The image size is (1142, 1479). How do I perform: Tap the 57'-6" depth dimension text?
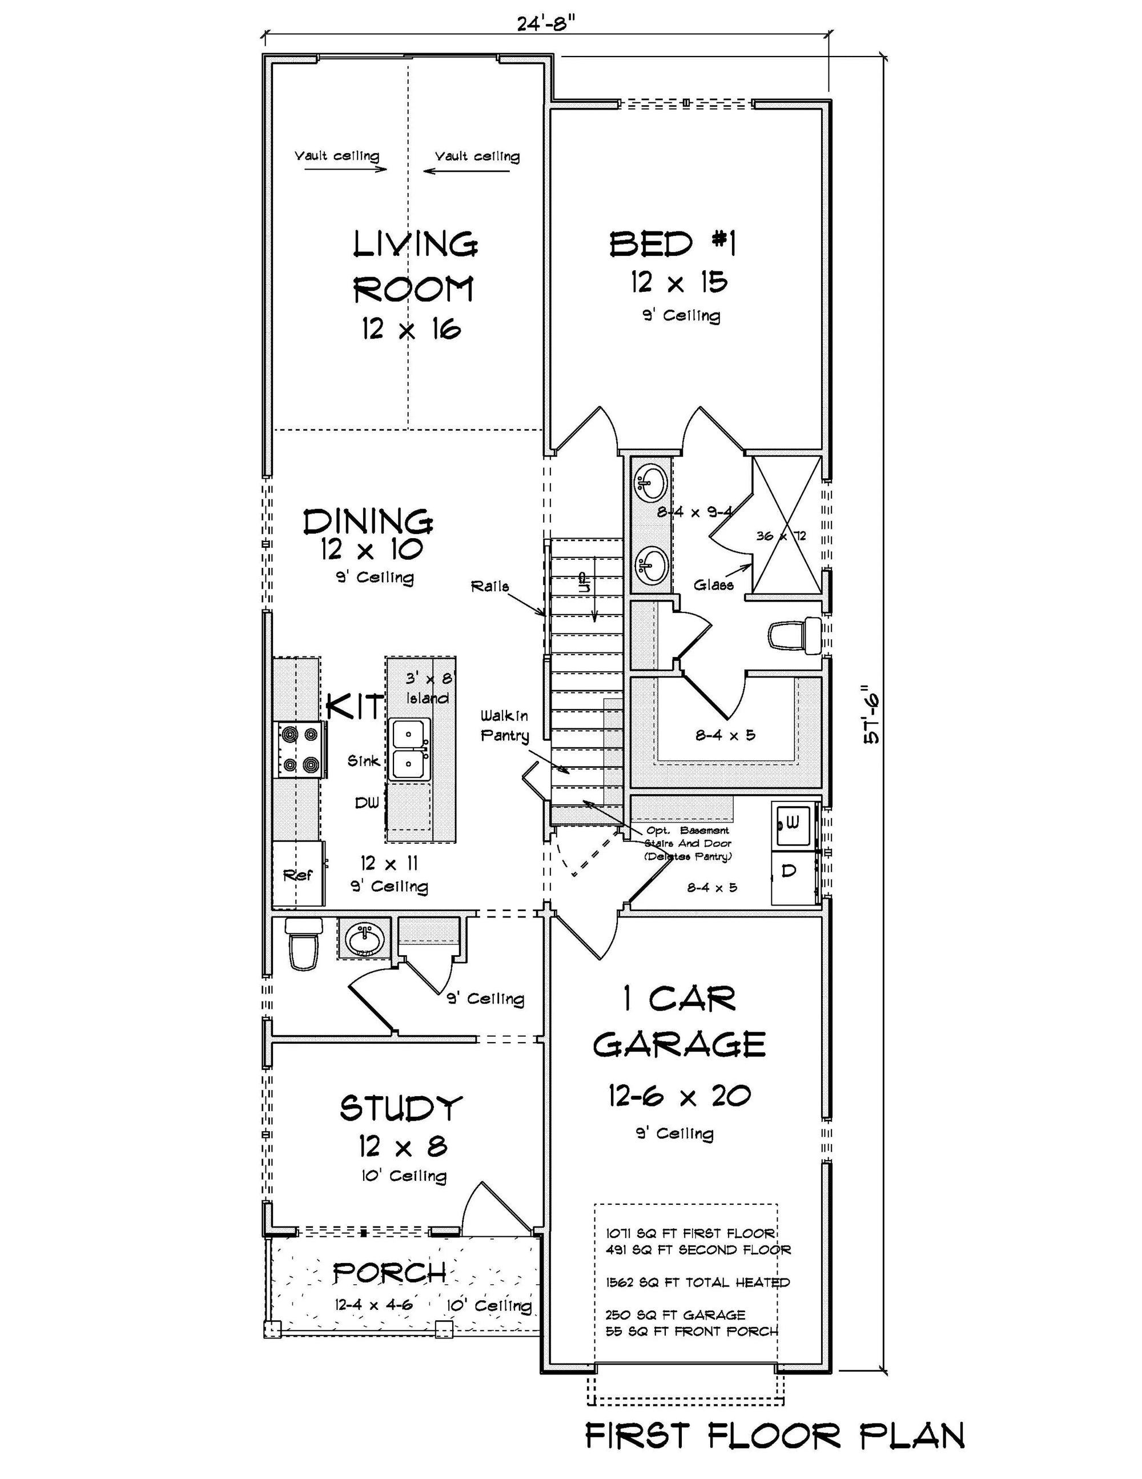click(871, 718)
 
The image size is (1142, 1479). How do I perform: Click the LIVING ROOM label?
click(415, 266)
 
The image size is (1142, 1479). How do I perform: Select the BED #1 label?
click(671, 244)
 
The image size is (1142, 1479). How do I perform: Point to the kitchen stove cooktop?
click(300, 749)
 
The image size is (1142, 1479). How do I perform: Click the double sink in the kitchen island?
click(410, 749)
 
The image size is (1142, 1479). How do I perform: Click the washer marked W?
click(793, 824)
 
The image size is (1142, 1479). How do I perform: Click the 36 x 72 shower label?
click(781, 536)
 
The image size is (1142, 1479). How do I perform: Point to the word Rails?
click(489, 587)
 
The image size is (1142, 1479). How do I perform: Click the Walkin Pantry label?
click(504, 726)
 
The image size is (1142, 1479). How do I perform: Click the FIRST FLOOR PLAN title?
click(774, 1436)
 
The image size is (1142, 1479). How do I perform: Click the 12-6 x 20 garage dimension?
click(679, 1096)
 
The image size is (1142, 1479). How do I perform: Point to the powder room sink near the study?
click(364, 939)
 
